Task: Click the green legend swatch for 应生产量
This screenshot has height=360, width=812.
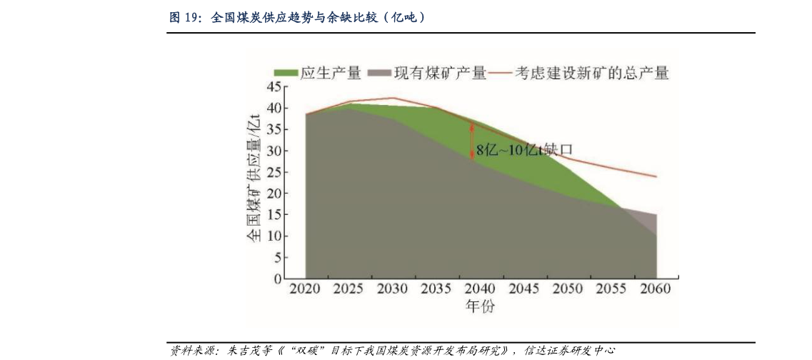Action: tap(286, 73)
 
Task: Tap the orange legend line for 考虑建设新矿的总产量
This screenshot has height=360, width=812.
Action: tap(502, 73)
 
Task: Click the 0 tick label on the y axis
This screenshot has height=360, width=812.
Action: tap(278, 279)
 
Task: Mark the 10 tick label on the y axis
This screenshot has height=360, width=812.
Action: tap(274, 236)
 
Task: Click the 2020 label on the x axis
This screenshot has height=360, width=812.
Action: tap(305, 290)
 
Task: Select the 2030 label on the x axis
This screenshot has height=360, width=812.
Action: tap(392, 290)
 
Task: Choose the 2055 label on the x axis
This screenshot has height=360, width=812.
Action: tap(612, 290)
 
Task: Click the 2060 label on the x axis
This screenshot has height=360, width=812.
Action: tap(655, 290)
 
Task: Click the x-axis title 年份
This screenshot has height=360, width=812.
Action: tap(480, 307)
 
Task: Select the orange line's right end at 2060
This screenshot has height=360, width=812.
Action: tap(656, 176)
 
